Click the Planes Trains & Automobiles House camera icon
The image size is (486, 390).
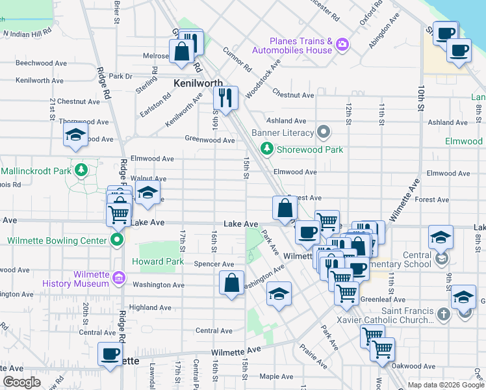342,44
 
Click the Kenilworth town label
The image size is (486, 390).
198,83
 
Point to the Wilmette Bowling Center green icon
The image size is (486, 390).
117,240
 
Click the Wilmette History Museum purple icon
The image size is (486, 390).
118,279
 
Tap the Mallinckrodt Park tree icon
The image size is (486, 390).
81,171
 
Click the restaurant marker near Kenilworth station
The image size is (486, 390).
225,98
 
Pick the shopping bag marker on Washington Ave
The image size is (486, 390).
232,283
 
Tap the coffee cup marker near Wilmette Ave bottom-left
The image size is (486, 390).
110,354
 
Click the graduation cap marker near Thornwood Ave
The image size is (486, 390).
75,135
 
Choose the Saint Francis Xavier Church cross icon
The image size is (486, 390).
443,315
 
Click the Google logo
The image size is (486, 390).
21,382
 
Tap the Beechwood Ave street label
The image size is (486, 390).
42,64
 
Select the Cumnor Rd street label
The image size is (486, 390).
237,59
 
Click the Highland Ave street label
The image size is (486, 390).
149,307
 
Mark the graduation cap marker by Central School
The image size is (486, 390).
441,237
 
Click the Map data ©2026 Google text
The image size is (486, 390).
445,385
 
